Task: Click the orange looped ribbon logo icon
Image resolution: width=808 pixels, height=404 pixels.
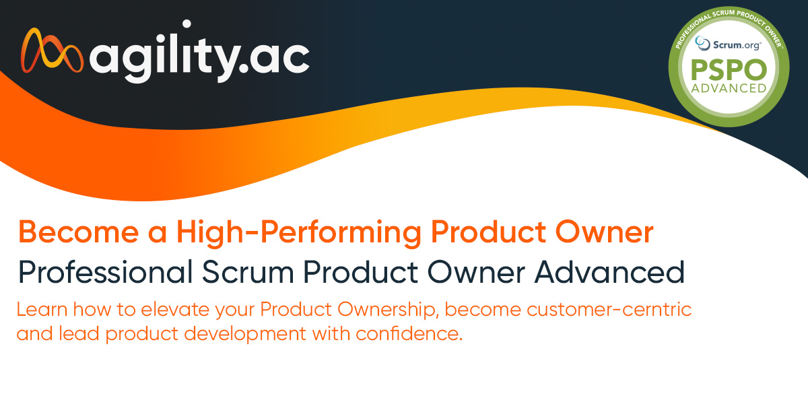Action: coord(53,50)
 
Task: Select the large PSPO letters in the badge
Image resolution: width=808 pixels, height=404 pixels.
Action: coord(729,69)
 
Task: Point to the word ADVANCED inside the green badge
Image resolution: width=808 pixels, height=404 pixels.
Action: coord(729,88)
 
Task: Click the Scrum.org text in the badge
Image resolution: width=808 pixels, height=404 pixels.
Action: coord(737,45)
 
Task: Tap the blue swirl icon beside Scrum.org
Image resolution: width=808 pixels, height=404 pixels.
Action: coord(702,43)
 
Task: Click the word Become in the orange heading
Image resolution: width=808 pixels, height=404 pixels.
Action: coord(78,232)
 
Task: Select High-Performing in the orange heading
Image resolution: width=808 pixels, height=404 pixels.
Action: coord(299,233)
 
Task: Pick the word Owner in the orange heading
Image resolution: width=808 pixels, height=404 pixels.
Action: coord(605,232)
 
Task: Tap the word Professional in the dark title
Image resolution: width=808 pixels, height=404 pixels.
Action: coord(105,272)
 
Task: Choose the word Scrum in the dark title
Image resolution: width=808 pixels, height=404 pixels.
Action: coord(248,273)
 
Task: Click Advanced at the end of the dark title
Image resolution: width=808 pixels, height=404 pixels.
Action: coord(609,272)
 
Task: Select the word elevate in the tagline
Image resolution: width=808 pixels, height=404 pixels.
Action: coord(175,310)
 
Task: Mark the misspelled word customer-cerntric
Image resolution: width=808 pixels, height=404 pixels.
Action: coord(609,310)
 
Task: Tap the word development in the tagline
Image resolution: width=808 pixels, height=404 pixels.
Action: coord(245,334)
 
